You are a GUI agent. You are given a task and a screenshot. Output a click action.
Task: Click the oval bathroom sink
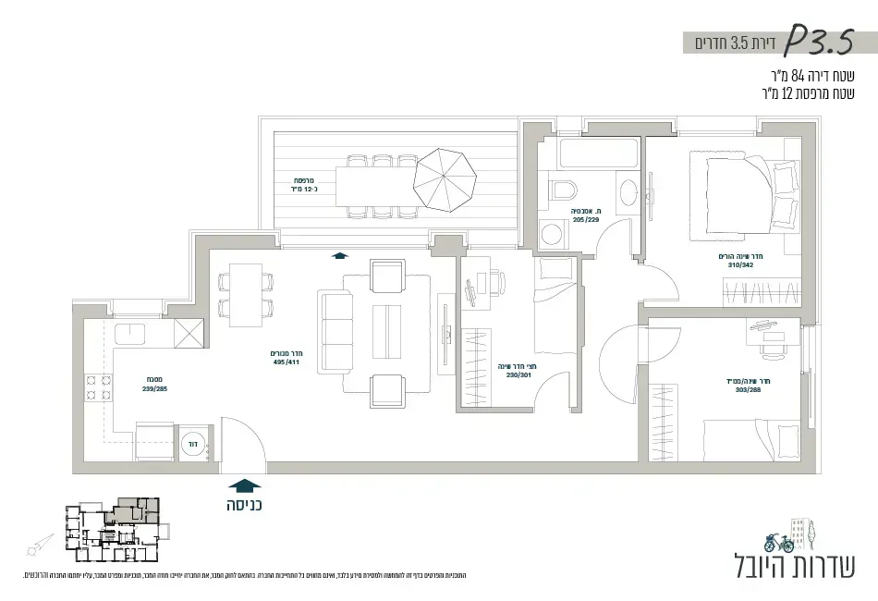pos(628,192)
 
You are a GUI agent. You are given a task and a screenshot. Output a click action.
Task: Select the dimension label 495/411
pos(287,362)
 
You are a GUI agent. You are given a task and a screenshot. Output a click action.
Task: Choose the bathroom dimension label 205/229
pos(586,220)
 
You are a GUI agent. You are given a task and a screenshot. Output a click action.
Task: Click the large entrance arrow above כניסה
pos(244,485)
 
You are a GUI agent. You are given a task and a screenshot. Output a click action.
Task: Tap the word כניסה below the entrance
pos(244,506)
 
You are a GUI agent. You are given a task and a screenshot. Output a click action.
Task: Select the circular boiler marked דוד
pos(194,443)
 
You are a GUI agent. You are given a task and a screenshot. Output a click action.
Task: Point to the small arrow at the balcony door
pos(339,257)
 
